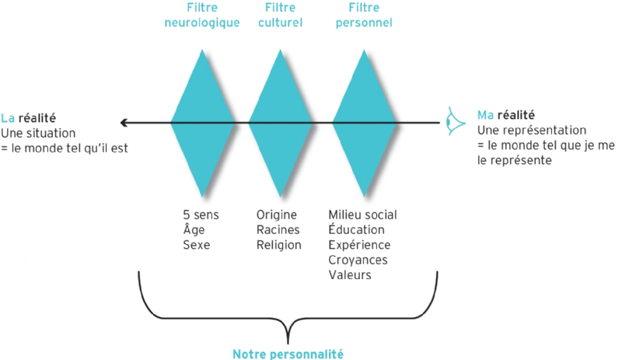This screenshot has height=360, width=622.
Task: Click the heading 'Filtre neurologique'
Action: coord(203,16)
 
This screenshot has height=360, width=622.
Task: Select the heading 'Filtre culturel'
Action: coord(280,16)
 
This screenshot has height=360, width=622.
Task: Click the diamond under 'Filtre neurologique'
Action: coord(203,123)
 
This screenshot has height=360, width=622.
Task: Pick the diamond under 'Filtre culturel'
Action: coord(280,123)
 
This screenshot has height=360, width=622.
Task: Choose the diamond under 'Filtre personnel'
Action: coord(365,123)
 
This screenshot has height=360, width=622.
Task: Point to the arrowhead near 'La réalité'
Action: coord(124,123)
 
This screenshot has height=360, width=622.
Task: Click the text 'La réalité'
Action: coord(26,118)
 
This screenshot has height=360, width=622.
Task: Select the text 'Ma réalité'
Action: coord(506,115)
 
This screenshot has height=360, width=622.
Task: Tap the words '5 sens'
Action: coord(196,215)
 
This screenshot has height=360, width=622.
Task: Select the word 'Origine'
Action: coord(276,215)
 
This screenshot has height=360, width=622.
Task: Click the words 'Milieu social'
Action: coord(363,215)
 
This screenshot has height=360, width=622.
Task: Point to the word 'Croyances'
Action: coord(358,260)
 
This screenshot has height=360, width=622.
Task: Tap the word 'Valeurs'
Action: coord(350,275)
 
